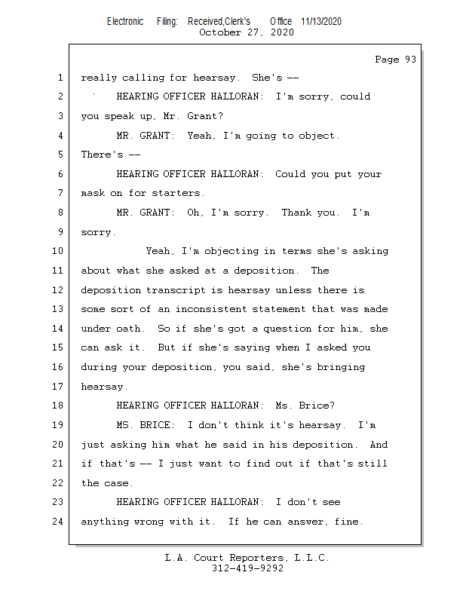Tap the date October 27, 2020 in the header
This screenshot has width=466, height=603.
(247, 32)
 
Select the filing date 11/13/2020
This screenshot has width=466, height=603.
(321, 21)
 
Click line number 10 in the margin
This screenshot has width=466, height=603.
(59, 251)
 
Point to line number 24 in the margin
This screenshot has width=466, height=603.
(59, 522)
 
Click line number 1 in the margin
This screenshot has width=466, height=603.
(60, 78)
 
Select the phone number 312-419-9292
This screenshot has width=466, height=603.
(247, 568)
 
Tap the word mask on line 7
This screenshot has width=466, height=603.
(94, 193)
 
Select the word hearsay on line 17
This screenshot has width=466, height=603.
(103, 387)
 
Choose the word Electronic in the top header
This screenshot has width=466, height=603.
(125, 21)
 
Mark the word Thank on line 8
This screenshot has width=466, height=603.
(297, 213)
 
